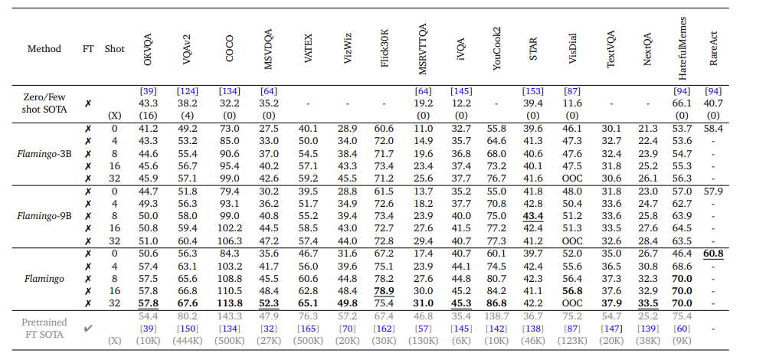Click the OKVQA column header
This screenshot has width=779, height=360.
click(x=149, y=49)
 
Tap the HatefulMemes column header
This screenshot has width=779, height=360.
click(x=682, y=49)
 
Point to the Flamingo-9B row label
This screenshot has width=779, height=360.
click(x=44, y=216)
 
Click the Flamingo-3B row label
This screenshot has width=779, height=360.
click(x=44, y=153)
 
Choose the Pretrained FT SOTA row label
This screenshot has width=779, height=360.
click(x=44, y=329)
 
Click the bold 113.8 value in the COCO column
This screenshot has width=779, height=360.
click(x=229, y=304)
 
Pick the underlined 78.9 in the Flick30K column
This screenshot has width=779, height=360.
click(x=384, y=291)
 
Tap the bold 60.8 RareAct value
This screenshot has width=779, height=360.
click(x=713, y=254)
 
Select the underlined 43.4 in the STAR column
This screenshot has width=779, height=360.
click(x=533, y=216)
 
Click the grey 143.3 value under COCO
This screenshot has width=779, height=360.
click(x=229, y=316)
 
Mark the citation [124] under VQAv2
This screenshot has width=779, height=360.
click(x=188, y=91)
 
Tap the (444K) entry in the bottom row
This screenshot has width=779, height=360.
click(x=188, y=341)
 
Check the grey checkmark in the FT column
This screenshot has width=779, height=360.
click(x=88, y=329)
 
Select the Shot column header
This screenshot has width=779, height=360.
click(x=115, y=49)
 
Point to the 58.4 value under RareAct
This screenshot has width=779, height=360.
click(x=713, y=129)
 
